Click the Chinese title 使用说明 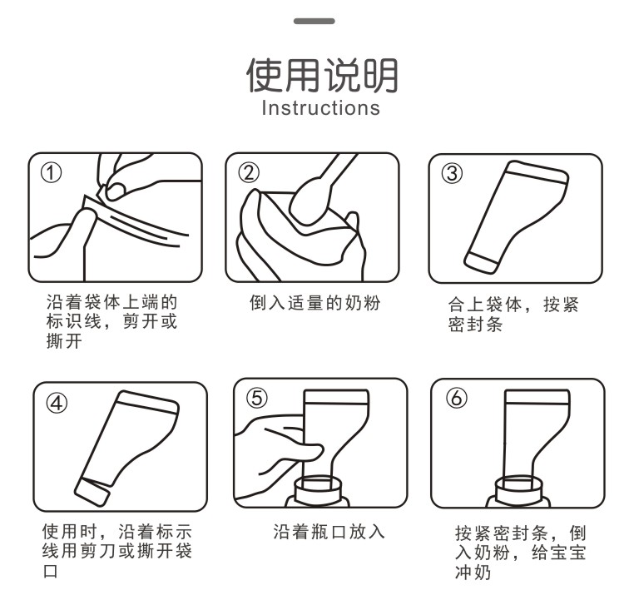tap(322, 75)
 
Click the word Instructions tap(321, 108)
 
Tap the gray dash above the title tap(314, 21)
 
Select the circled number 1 tap(52, 173)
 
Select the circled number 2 tap(249, 173)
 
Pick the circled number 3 tap(452, 174)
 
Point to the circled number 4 tap(57, 403)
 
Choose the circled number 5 tap(257, 398)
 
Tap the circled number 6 tap(456, 398)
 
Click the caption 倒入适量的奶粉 tap(314, 303)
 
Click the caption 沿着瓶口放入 tap(329, 532)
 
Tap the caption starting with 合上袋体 tap(513, 314)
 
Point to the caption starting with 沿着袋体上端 tap(111, 321)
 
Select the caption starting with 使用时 tap(117, 551)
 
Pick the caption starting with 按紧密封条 tap(521, 553)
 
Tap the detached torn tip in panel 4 tap(92, 492)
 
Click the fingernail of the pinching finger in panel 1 tap(116, 191)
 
